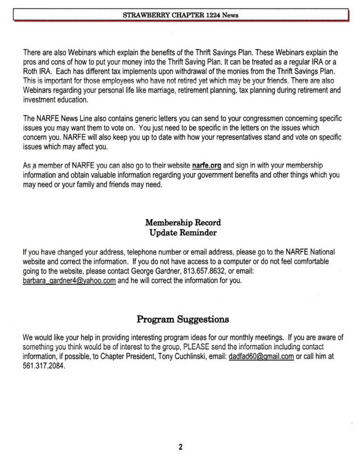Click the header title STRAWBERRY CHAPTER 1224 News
(180, 15)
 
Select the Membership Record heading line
(183, 222)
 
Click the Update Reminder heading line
(183, 232)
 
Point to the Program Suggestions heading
(183, 319)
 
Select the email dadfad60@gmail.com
(261, 357)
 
